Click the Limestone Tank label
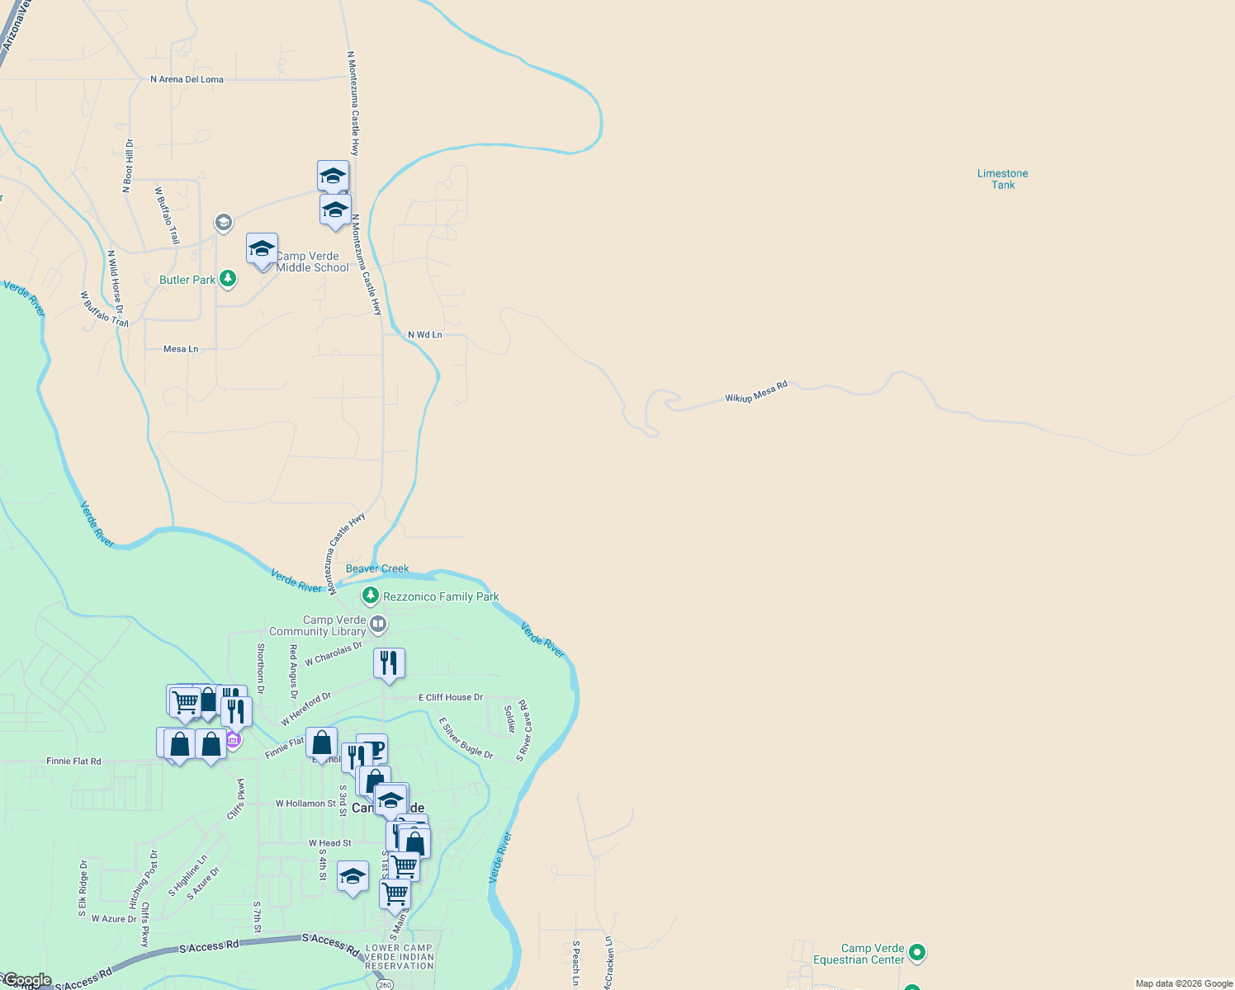(1002, 179)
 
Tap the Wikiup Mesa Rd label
(756, 392)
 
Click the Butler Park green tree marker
(228, 280)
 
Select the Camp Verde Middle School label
(312, 262)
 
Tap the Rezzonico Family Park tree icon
(371, 596)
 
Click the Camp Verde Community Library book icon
(378, 625)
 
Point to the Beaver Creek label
(377, 568)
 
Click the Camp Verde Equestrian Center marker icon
(917, 954)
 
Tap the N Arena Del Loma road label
(187, 79)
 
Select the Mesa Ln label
(181, 349)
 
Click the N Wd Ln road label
(425, 335)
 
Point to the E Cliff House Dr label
(451, 697)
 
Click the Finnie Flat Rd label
(74, 761)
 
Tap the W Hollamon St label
(305, 804)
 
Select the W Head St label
(330, 843)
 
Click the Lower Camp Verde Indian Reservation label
(400, 957)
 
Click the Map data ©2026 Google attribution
(1184, 983)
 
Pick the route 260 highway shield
(385, 984)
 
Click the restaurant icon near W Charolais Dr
(389, 663)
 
